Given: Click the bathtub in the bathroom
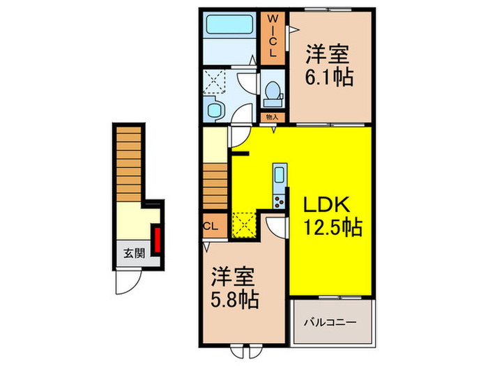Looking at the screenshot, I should pyautogui.click(x=230, y=31).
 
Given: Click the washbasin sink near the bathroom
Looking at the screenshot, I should pyautogui.click(x=215, y=108).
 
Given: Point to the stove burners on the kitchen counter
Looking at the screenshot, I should pyautogui.click(x=279, y=201).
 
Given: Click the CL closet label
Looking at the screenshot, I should pyautogui.click(x=210, y=225).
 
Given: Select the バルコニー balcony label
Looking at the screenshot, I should pyautogui.click(x=330, y=322).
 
